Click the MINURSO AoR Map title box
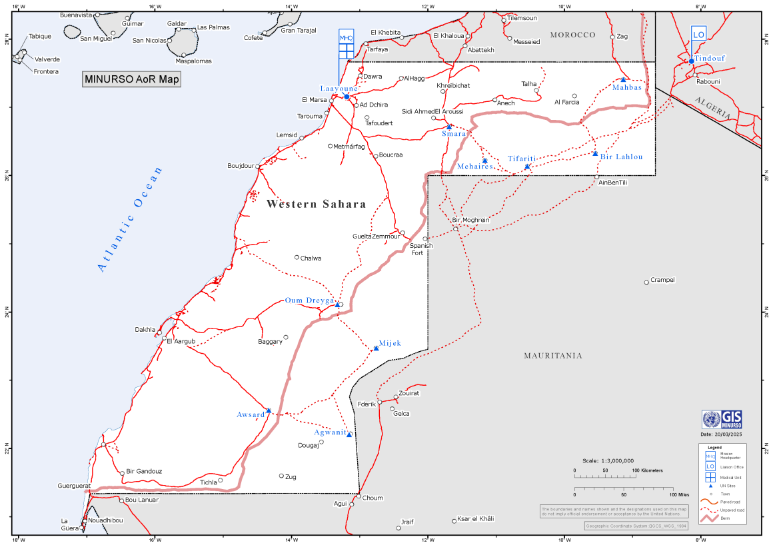[x=131, y=79]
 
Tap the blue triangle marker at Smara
[x=449, y=126]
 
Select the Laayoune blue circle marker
[x=347, y=97]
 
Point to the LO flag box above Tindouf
[x=698, y=35]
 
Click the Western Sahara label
[x=316, y=205]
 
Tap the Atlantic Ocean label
[x=131, y=219]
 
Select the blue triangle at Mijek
[x=376, y=348]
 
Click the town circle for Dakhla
[x=160, y=329]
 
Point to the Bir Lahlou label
[x=621, y=157]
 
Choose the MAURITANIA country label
[x=552, y=356]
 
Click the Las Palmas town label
[x=213, y=27]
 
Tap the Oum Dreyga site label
[x=309, y=300]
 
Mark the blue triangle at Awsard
[x=269, y=410]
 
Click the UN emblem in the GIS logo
[x=712, y=420]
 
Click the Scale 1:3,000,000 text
[x=608, y=460]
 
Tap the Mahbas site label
[x=626, y=87]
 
